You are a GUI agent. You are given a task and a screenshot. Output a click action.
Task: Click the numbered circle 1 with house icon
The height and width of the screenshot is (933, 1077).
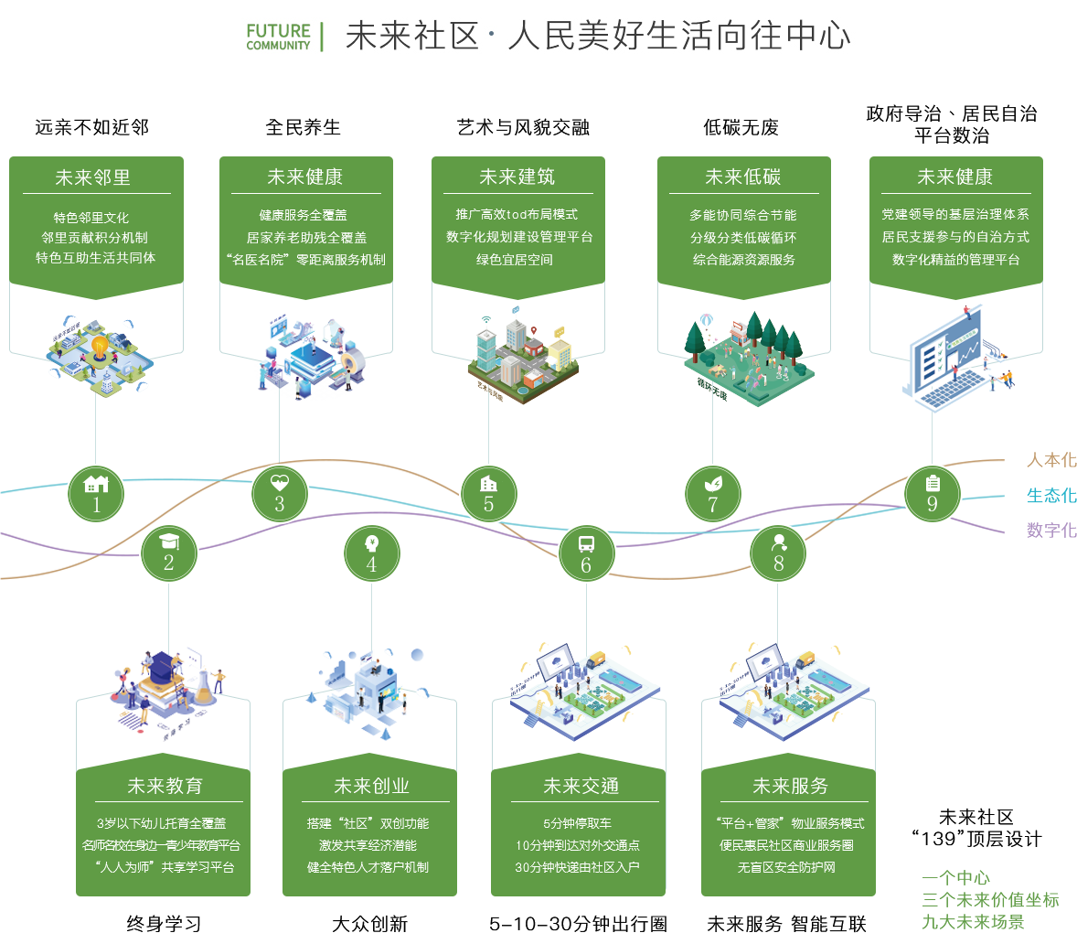[x=96, y=493]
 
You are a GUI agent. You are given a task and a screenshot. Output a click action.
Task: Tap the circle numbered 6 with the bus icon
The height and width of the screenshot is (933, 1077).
[x=586, y=554]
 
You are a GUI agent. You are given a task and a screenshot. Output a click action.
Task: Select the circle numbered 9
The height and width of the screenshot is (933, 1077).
[x=932, y=493]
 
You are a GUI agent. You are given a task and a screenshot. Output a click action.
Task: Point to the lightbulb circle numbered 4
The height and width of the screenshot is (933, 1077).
[x=371, y=554]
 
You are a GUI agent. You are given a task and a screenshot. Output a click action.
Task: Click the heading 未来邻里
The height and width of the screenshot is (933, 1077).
[x=93, y=177]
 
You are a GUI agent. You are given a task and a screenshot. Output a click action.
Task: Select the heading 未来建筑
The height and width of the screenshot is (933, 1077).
[x=517, y=177]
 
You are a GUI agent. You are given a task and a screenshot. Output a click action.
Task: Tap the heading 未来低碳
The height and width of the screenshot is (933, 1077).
[x=743, y=177]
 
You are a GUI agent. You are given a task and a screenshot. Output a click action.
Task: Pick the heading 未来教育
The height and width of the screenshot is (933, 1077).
[x=165, y=786]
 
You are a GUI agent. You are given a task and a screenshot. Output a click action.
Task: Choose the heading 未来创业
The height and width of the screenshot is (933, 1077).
[x=371, y=786]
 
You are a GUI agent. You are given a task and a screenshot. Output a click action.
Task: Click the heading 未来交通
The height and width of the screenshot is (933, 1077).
[x=581, y=786]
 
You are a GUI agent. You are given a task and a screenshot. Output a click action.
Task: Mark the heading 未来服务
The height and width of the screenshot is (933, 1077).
[x=790, y=786]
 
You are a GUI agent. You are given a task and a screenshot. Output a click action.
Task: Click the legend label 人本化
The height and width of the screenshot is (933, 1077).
[x=1050, y=460]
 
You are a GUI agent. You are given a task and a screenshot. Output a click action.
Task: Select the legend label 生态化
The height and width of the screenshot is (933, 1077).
[x=1050, y=495]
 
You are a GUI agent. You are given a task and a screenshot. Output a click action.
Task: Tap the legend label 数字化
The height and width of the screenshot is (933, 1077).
[x=1050, y=530]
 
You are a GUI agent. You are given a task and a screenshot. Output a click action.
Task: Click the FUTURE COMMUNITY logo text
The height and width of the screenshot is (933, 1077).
[x=279, y=37]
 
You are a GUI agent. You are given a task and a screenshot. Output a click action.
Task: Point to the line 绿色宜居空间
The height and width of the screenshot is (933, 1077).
[x=515, y=260]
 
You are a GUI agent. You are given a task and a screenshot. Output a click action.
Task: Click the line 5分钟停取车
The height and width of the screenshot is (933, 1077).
[x=577, y=823]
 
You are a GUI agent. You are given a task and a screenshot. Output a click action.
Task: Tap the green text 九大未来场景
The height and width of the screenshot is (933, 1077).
[x=973, y=921]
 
